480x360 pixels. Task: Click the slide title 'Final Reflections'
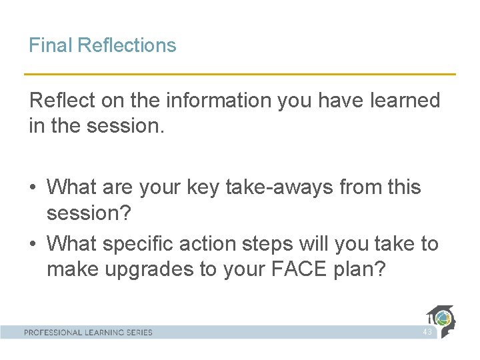[x=102, y=45]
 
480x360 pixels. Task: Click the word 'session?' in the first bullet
[x=90, y=213]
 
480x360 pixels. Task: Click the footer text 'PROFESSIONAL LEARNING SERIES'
[x=88, y=332]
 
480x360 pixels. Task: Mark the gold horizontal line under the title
[x=240, y=74]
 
